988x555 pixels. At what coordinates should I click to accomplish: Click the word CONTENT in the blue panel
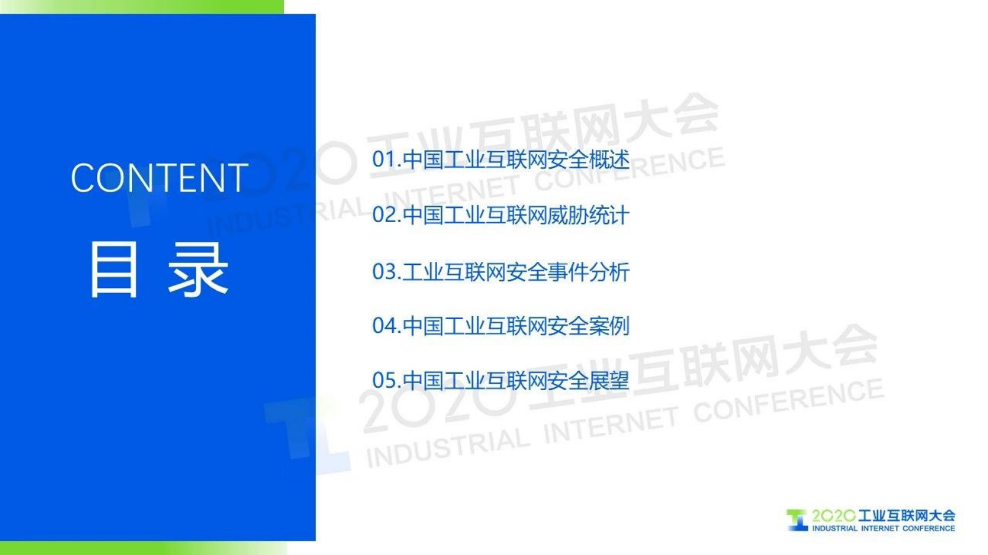pyautogui.click(x=159, y=178)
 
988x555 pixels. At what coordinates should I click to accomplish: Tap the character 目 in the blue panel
pyautogui.click(x=113, y=269)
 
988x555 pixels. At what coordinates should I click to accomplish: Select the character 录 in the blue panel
pyautogui.click(x=199, y=269)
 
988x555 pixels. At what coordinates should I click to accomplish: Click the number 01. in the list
pyautogui.click(x=386, y=160)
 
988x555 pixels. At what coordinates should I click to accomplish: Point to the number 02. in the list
pyautogui.click(x=386, y=215)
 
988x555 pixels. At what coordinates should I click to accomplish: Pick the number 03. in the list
pyautogui.click(x=386, y=272)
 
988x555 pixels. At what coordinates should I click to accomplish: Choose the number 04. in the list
pyautogui.click(x=386, y=326)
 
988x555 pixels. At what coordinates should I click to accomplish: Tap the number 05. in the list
pyautogui.click(x=386, y=381)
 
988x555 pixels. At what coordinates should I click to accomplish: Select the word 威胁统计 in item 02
pyautogui.click(x=588, y=215)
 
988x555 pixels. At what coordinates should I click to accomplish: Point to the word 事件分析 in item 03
pyautogui.click(x=588, y=272)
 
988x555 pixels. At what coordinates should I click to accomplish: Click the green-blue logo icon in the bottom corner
pyautogui.click(x=797, y=520)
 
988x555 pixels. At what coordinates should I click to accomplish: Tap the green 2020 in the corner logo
pyautogui.click(x=834, y=516)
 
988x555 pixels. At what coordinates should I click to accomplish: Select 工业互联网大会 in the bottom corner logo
pyautogui.click(x=906, y=516)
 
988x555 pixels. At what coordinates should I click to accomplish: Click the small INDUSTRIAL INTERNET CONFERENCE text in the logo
pyautogui.click(x=883, y=529)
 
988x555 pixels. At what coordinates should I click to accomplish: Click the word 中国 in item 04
pyautogui.click(x=423, y=326)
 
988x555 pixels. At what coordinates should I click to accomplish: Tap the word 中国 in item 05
pyautogui.click(x=423, y=381)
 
